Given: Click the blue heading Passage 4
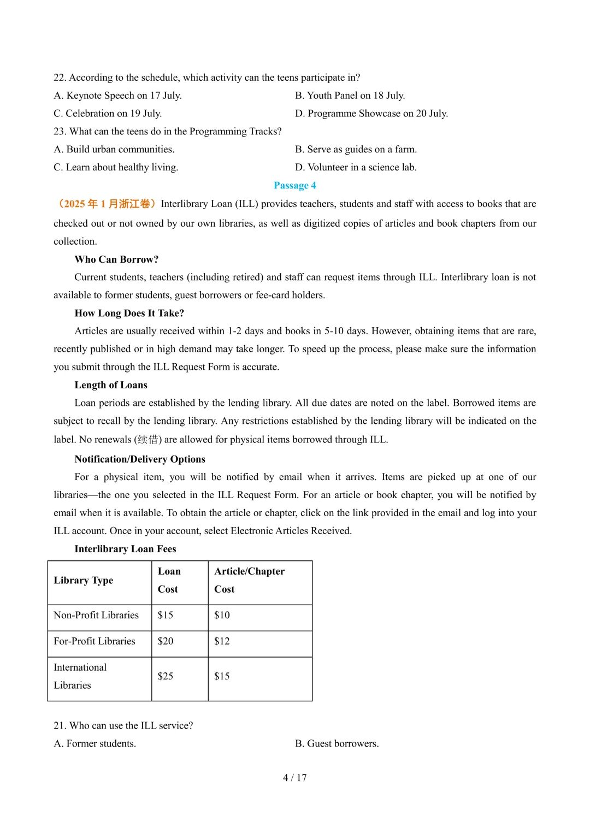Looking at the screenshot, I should click(x=295, y=186).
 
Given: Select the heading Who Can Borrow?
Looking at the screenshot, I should click(x=116, y=259).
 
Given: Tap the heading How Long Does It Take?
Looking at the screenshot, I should click(x=129, y=313).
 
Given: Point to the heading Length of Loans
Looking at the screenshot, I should click(x=111, y=385).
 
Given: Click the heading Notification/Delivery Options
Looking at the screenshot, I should click(x=140, y=459).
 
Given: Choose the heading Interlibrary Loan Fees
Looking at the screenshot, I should click(x=125, y=549).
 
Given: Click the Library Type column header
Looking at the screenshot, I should click(x=84, y=581).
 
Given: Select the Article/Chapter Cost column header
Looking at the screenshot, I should click(x=249, y=580).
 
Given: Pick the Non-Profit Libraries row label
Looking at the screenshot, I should click(x=96, y=616).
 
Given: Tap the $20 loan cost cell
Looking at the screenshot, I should click(x=166, y=641).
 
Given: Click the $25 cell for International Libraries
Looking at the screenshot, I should click(x=166, y=676).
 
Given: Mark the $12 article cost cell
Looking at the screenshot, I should click(x=222, y=641).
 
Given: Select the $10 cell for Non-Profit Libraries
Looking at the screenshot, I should click(x=222, y=616).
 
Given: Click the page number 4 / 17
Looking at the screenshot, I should click(x=295, y=778).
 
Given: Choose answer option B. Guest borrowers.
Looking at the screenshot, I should click(x=337, y=744).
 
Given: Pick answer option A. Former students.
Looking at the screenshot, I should click(x=95, y=744).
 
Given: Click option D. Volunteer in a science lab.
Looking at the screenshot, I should click(x=356, y=168).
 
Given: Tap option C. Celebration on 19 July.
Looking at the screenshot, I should click(x=108, y=114).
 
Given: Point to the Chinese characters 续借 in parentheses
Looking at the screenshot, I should click(x=147, y=440).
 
